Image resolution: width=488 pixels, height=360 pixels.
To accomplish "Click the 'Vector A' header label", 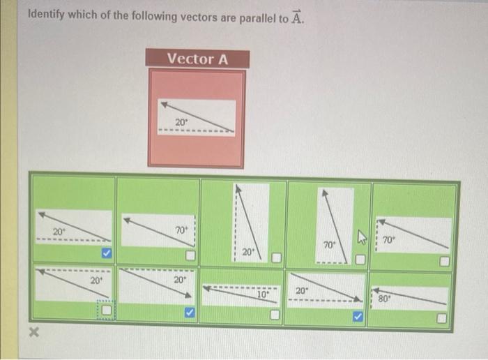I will pos(197,59).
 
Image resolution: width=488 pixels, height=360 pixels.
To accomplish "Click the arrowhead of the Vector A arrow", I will pos(165,105).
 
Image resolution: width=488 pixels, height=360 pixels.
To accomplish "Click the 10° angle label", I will pos(262,294).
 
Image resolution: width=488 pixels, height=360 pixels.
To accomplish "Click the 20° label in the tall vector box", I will pos(247,250).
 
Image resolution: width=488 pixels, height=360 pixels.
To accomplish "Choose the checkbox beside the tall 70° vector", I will pos(360,260).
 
